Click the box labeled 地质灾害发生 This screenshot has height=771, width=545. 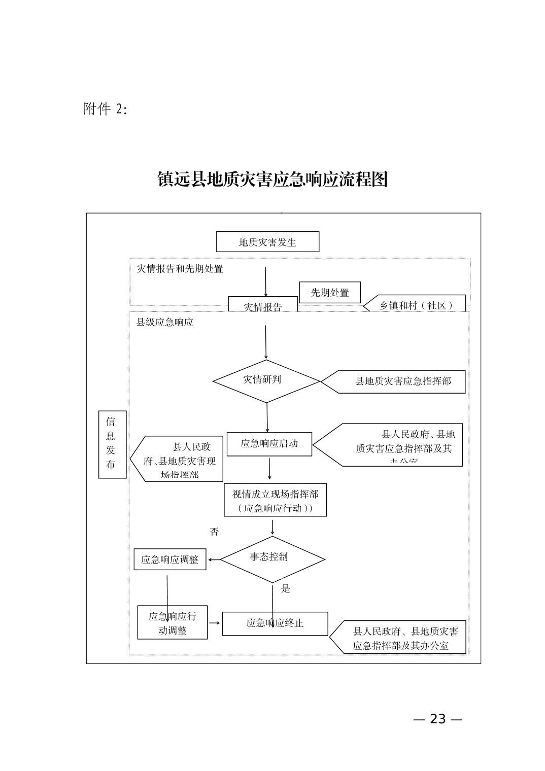[x=267, y=242]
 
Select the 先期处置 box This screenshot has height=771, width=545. [x=330, y=293]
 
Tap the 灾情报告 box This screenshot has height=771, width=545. [x=263, y=305]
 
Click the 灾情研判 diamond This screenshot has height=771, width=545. [x=266, y=380]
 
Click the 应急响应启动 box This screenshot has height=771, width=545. [x=269, y=444]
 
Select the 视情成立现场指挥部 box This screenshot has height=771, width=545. [x=275, y=500]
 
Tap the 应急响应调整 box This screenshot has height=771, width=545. [x=170, y=559]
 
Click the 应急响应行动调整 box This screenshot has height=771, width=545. [x=173, y=622]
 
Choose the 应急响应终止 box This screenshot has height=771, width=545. [x=275, y=623]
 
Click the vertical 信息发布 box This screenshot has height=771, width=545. [x=112, y=444]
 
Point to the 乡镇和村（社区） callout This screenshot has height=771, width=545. [x=416, y=305]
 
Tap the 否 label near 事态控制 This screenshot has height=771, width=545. [x=215, y=532]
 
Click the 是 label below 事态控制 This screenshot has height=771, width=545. [x=286, y=588]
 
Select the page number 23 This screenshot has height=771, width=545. [x=437, y=719]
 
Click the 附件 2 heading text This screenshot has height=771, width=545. [x=106, y=109]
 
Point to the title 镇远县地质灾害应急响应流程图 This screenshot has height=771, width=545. [x=272, y=179]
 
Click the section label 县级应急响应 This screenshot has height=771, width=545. [x=165, y=322]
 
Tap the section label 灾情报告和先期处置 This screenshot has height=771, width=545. [x=180, y=269]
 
